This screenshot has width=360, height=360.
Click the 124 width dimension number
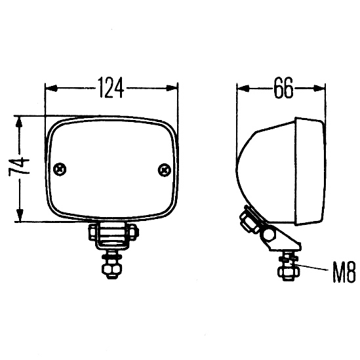click(111, 87)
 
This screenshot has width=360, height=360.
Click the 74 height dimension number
click(19, 167)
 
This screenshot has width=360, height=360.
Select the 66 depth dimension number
click(283, 87)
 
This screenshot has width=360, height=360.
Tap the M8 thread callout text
click(344, 273)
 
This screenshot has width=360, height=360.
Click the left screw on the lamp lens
click(60, 170)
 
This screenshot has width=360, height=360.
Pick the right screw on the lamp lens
click(165, 170)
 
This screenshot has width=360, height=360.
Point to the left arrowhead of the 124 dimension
click(51, 88)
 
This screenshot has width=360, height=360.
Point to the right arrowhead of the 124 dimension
click(172, 89)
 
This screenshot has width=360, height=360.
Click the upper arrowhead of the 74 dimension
click(19, 122)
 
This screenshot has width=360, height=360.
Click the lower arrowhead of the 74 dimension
click(20, 215)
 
